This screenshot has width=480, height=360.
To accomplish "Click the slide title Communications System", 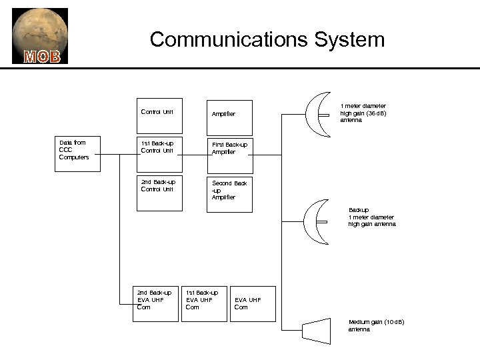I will tap(267, 39).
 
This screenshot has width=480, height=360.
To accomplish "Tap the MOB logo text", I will tap(42, 56).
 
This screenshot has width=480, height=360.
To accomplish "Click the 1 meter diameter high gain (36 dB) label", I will tap(363, 113).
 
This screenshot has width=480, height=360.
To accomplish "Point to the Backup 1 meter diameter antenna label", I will tap(371, 217).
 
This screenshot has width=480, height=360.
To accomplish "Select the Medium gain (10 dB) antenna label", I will tap(376, 326).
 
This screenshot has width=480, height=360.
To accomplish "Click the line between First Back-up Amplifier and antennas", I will tap(267, 154).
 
